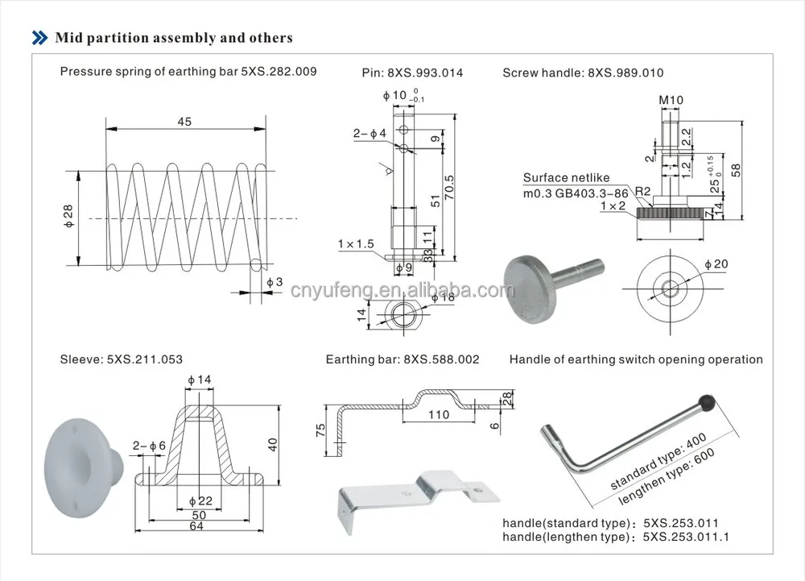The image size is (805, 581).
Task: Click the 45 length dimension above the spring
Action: click(184, 121)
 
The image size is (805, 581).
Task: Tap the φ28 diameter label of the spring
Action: click(69, 216)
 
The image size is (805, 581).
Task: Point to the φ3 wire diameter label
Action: click(275, 281)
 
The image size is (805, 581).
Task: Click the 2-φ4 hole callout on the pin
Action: click(369, 132)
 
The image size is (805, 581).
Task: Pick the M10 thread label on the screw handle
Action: click(670, 101)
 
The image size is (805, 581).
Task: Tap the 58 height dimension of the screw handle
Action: click(735, 168)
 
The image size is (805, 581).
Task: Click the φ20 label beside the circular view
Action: click(716, 265)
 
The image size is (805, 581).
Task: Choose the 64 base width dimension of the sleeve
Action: click(196, 526)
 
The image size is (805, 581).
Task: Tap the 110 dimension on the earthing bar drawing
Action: click(438, 416)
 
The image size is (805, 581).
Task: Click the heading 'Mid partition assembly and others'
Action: click(173, 38)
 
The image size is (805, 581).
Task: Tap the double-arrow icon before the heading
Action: click(39, 38)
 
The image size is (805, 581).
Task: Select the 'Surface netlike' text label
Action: click(566, 178)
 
